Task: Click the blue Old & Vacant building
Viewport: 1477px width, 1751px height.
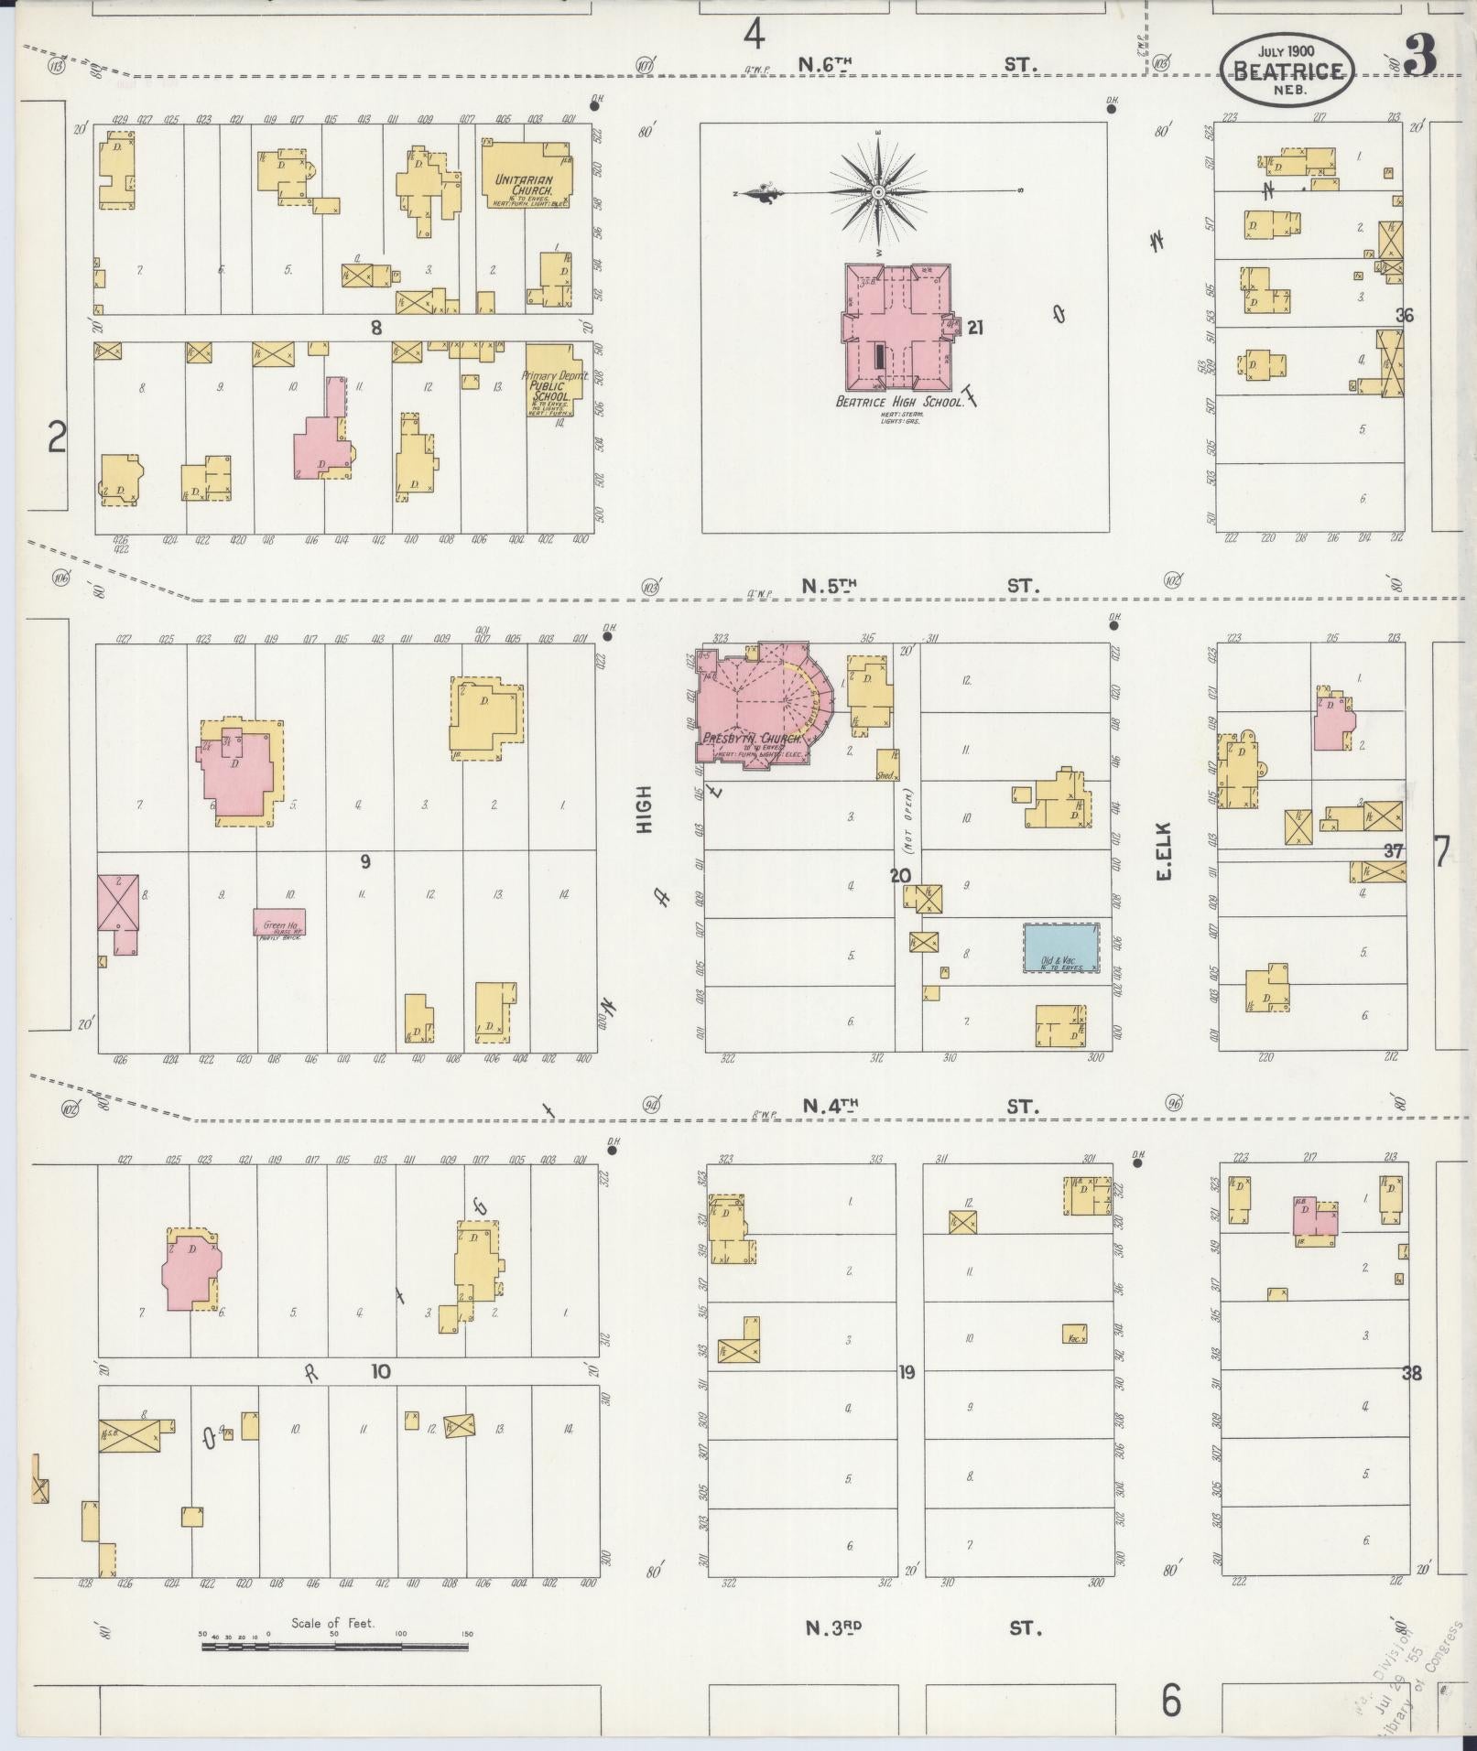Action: coord(1059,947)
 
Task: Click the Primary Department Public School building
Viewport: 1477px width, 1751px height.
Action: coord(553,380)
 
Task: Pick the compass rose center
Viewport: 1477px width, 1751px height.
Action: coord(877,192)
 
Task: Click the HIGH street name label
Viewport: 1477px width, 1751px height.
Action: coord(645,809)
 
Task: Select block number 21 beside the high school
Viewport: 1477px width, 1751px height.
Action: coord(975,327)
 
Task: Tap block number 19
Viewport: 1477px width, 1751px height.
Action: coord(907,1372)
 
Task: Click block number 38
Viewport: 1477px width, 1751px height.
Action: coord(1412,1373)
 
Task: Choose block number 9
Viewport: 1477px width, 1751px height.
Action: coord(364,860)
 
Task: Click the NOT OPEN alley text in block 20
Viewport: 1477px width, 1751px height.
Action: coord(908,817)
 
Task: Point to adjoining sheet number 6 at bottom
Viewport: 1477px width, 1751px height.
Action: coord(1171,1702)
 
